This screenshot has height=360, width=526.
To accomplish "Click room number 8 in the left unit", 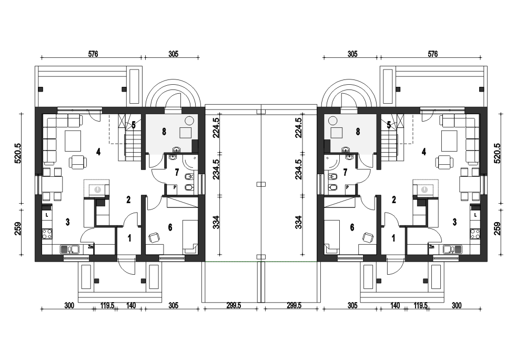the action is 164,132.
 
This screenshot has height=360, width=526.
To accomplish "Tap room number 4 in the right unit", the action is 423,152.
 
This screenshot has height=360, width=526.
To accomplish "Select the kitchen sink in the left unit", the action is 69,249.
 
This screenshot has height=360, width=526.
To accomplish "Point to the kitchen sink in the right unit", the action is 452,249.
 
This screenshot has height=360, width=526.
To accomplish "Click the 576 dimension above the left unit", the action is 93,54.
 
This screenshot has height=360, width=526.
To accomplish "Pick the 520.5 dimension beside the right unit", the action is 497,153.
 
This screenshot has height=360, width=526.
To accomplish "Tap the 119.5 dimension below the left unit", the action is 107,306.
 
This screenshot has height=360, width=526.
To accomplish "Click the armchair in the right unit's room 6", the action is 368,237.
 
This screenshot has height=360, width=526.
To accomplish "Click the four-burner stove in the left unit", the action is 47,234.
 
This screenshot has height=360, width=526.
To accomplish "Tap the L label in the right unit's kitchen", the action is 476,215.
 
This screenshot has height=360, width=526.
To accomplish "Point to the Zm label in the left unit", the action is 90,247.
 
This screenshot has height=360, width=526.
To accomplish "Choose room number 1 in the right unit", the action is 393,238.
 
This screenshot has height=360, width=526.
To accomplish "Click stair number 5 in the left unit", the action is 134,125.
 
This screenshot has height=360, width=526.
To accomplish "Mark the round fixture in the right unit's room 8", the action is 333,120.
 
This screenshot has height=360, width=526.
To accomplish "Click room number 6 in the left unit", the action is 170,228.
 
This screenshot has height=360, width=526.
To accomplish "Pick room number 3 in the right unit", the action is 454,222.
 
